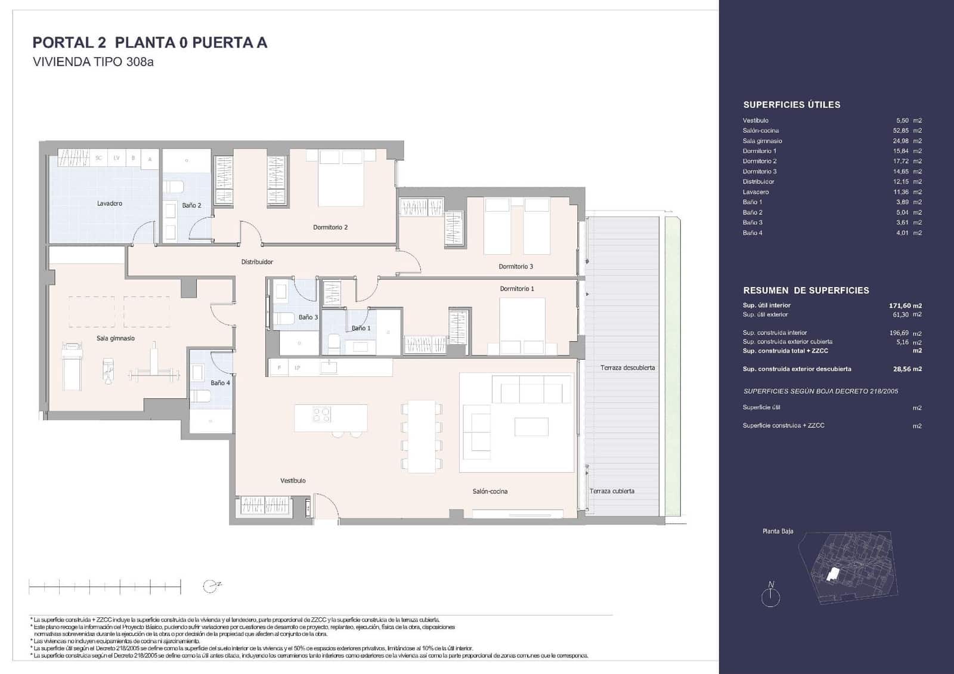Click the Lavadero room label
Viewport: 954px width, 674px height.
pyautogui.click(x=110, y=203)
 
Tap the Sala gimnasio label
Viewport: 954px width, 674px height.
pyautogui.click(x=116, y=338)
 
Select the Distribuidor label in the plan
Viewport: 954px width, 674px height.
pyautogui.click(x=257, y=262)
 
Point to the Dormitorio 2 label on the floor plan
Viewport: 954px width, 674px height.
pyautogui.click(x=330, y=227)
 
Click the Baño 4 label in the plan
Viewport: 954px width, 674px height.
pyautogui.click(x=220, y=383)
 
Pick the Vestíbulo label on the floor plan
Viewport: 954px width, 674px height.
pyautogui.click(x=293, y=481)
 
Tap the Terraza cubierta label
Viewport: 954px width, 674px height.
pyautogui.click(x=612, y=491)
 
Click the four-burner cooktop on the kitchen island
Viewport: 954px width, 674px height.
pyautogui.click(x=322, y=414)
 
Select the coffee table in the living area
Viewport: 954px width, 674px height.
pyautogui.click(x=531, y=426)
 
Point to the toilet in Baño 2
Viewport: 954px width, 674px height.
pyautogui.click(x=174, y=187)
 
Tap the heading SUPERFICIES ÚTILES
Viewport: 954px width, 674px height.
pyautogui.click(x=791, y=105)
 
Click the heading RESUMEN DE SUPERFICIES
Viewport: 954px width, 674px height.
pyautogui.click(x=806, y=290)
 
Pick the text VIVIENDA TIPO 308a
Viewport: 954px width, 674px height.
pyautogui.click(x=93, y=61)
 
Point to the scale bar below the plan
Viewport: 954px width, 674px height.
pyautogui.click(x=105, y=587)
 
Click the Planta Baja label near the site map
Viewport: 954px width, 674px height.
pyautogui.click(x=778, y=531)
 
